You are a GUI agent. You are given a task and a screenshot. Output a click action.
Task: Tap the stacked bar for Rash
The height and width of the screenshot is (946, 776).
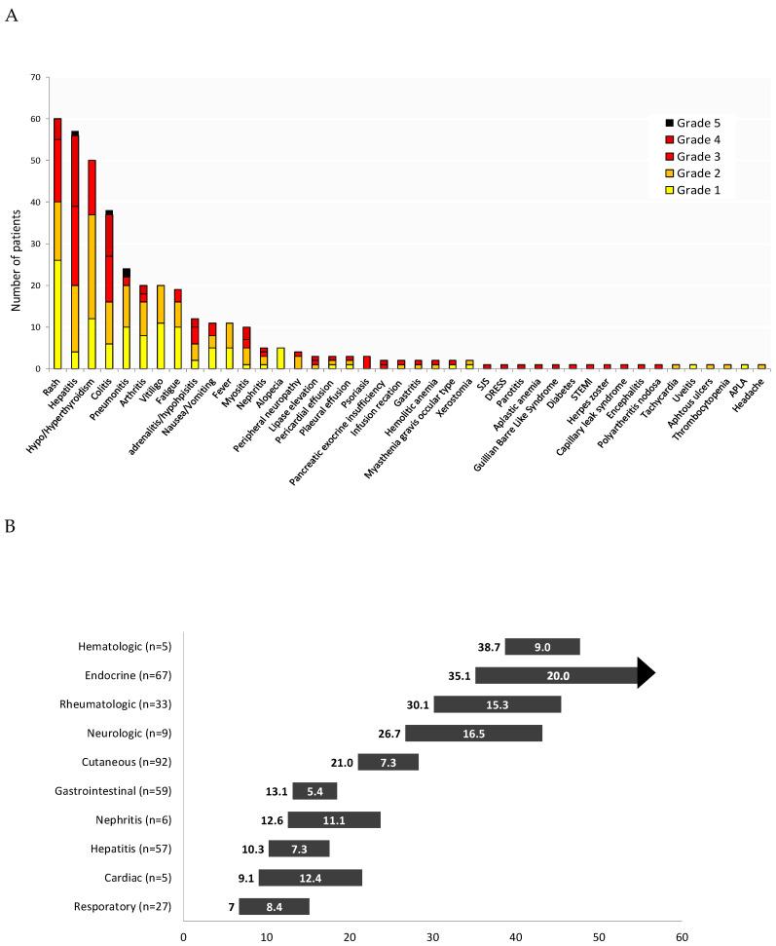tap(57, 244)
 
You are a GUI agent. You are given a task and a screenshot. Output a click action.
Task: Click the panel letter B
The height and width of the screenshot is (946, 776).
tap(11, 525)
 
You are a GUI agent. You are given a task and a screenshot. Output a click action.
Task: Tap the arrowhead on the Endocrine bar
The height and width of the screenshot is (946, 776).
tap(646, 672)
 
